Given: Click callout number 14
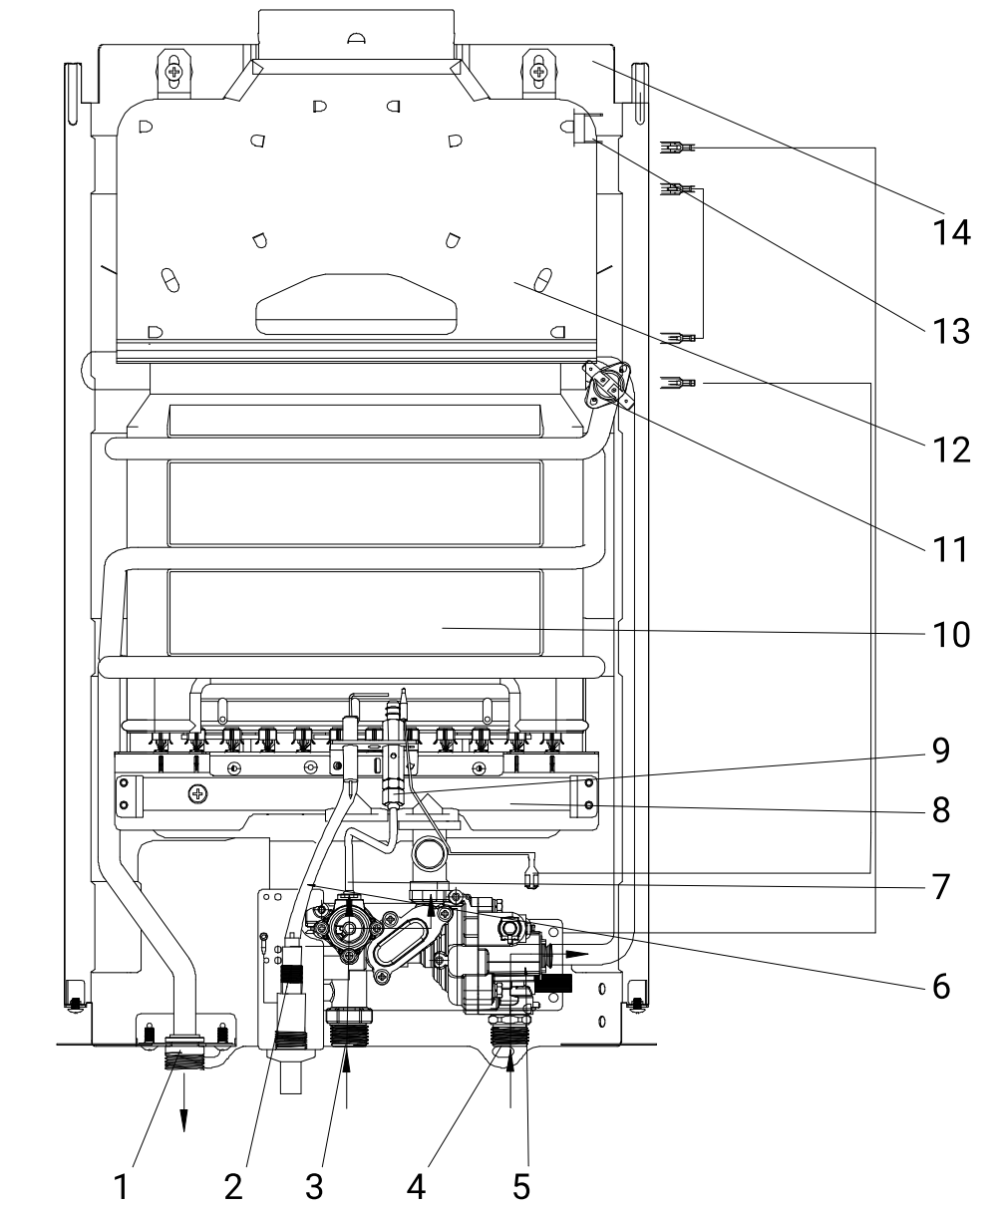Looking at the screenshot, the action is coord(951,232).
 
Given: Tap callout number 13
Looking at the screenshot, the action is coord(951,331).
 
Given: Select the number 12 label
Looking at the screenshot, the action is coord(951,450).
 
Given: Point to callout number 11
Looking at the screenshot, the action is coord(951,549).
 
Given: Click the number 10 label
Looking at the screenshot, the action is coord(951,634).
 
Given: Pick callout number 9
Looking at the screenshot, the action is coord(941,750).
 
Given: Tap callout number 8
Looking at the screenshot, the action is coord(941,810).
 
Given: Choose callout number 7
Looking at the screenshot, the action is coord(941,887).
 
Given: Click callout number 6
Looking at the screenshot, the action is coord(941,986).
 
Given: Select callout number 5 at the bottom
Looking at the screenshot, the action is coord(521,1186).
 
